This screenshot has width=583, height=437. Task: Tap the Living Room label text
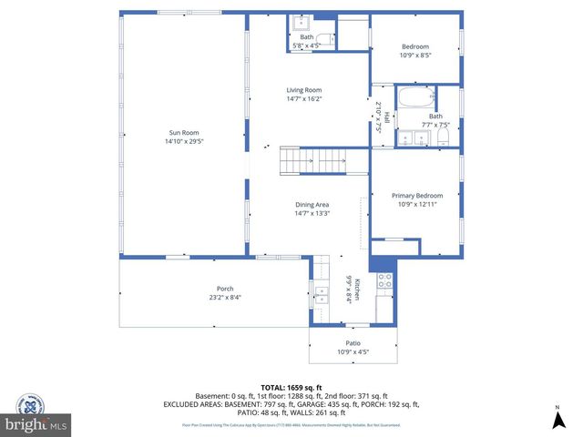click(304, 89)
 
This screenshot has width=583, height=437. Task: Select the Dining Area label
click(312, 205)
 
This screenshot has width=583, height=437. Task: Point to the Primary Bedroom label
click(417, 196)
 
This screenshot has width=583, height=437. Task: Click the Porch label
click(212, 289)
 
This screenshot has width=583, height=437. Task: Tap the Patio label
click(353, 343)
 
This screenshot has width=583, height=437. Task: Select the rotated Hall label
click(386, 117)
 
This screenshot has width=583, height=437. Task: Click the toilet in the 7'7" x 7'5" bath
click(444, 137)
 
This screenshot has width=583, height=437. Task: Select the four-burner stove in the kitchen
click(384, 280)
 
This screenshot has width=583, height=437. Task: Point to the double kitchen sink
click(321, 293)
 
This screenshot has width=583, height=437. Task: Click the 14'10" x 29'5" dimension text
click(183, 142)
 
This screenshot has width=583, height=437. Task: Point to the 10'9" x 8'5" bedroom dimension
click(414, 55)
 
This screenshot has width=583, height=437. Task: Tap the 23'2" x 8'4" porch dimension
click(212, 297)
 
